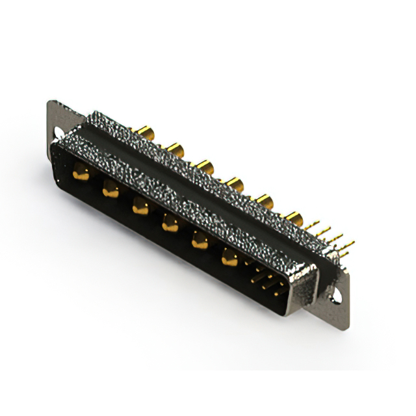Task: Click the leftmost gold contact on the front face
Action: click(81, 173)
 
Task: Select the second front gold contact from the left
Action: click(110, 190)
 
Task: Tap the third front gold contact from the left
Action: click(140, 207)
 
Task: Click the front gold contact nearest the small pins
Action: click(229, 259)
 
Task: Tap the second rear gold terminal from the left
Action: click(175, 150)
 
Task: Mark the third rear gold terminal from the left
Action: click(205, 167)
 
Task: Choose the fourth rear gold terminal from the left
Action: click(235, 184)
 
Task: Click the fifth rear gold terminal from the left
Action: click(264, 199)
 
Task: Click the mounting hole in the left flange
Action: click(58, 133)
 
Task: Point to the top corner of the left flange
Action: click(51, 102)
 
